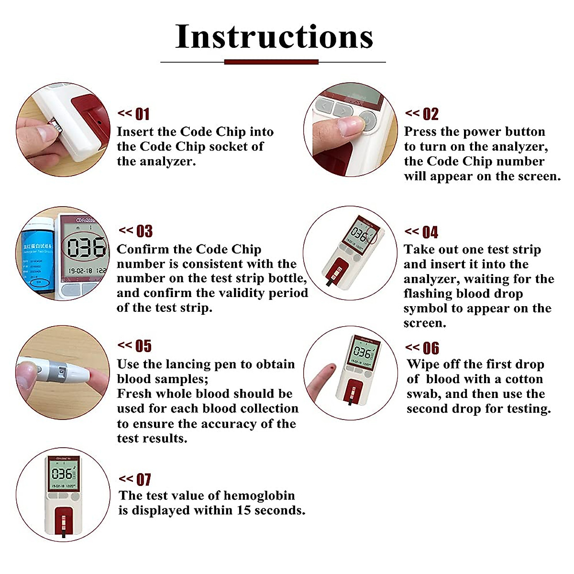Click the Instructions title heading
(x=274, y=37)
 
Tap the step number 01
(x=142, y=114)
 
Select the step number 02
(x=430, y=114)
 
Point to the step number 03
(x=144, y=232)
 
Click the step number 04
(x=430, y=232)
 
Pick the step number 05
(x=143, y=346)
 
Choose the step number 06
(x=430, y=348)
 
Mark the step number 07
(x=143, y=480)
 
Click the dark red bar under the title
(x=271, y=62)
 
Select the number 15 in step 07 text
(x=243, y=510)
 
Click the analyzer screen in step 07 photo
(x=62, y=475)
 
